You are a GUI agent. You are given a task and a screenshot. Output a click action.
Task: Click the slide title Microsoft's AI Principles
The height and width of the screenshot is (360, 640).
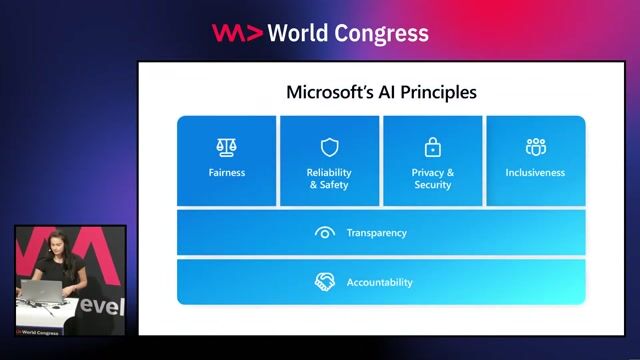tap(381, 93)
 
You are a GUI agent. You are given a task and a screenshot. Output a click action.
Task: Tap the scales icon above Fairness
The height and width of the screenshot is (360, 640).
tap(227, 148)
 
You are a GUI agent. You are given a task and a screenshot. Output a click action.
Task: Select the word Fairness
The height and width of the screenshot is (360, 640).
tap(227, 173)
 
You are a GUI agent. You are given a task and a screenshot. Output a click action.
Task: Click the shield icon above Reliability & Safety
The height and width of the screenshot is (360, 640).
tap(329, 148)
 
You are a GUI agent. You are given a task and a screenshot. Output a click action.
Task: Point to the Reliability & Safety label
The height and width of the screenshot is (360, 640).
tap(329, 179)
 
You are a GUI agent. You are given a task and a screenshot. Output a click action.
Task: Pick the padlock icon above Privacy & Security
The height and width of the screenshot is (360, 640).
tap(432, 148)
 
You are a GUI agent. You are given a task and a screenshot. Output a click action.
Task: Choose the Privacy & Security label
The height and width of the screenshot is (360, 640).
tap(432, 179)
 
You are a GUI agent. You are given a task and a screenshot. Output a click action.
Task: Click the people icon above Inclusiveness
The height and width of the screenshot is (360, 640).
tap(535, 148)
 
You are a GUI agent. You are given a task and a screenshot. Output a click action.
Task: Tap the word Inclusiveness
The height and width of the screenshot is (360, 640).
tap(535, 173)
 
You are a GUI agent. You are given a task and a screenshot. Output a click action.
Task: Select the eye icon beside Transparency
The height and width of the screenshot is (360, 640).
tap(324, 233)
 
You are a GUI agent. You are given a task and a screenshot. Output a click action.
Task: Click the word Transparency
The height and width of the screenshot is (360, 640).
tap(376, 233)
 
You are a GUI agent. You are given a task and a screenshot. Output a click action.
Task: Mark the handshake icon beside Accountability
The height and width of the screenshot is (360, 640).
tap(324, 282)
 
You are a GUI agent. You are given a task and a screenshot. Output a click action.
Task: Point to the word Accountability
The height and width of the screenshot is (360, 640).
tap(379, 283)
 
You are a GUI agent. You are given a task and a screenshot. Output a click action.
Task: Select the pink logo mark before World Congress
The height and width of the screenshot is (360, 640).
tap(237, 33)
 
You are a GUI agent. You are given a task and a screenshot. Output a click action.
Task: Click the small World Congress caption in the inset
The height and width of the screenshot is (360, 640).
tap(40, 331)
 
